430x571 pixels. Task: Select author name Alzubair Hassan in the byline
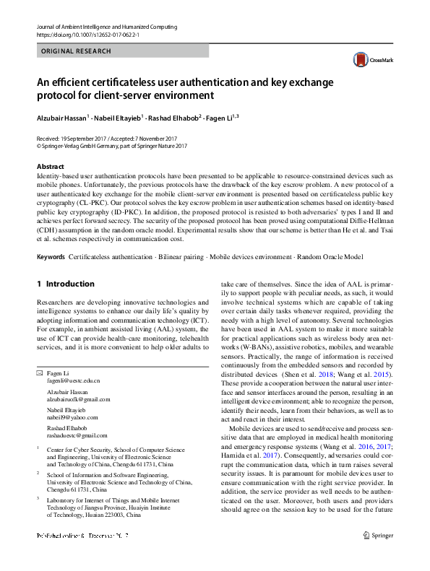[61, 116]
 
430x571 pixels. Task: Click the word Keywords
[50, 257]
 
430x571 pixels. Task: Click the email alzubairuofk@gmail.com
[79, 398]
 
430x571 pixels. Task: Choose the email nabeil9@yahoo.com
[72, 417]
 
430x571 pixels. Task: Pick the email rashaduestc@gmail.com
[77, 436]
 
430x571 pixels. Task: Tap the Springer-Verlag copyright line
[112, 145]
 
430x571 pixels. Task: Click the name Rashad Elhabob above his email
[69, 428]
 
